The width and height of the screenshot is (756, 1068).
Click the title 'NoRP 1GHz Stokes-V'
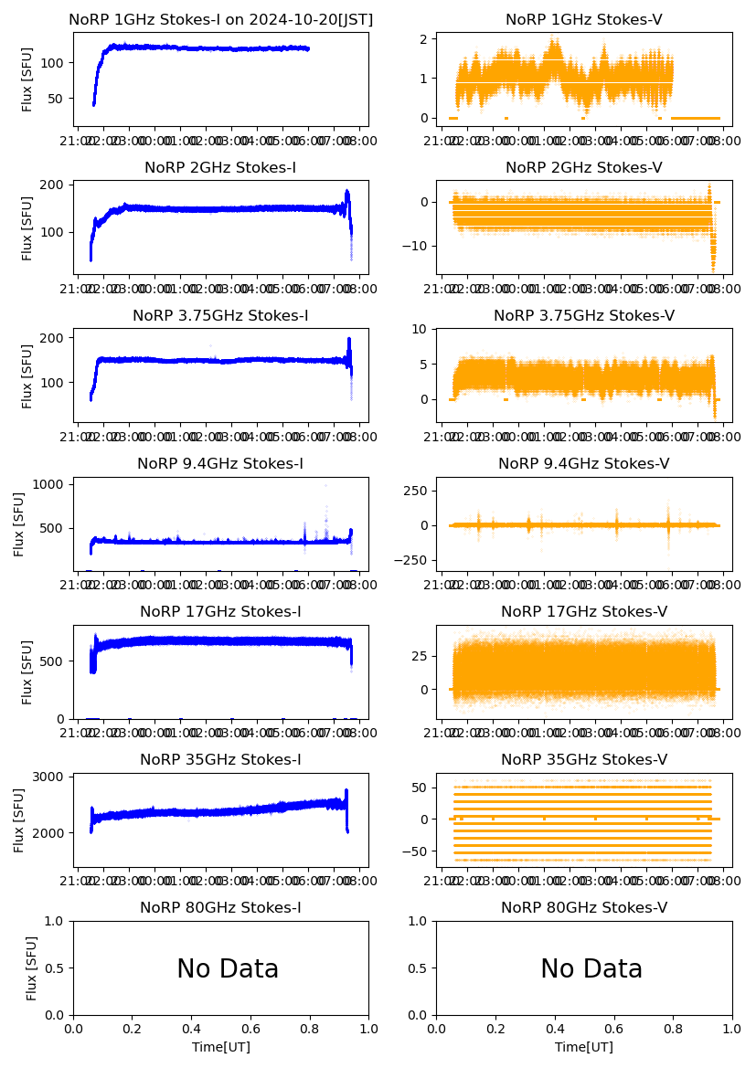[583, 20]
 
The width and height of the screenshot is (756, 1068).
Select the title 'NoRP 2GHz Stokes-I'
[220, 168]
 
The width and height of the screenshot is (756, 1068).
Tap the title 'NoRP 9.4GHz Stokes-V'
[583, 464]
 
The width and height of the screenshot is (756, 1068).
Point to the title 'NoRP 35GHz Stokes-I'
[220, 760]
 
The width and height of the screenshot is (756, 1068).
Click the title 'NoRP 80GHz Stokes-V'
[583, 908]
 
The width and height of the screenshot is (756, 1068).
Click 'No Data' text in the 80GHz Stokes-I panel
[228, 969]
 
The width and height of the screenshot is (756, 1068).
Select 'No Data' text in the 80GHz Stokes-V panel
[591, 969]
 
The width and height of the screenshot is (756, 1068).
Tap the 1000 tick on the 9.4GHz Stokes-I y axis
[50, 484]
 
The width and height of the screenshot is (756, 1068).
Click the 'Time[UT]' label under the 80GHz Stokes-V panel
[583, 1047]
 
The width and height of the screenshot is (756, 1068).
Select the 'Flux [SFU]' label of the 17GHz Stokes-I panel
[28, 672]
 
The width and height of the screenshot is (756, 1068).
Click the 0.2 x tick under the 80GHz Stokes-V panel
[495, 1029]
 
